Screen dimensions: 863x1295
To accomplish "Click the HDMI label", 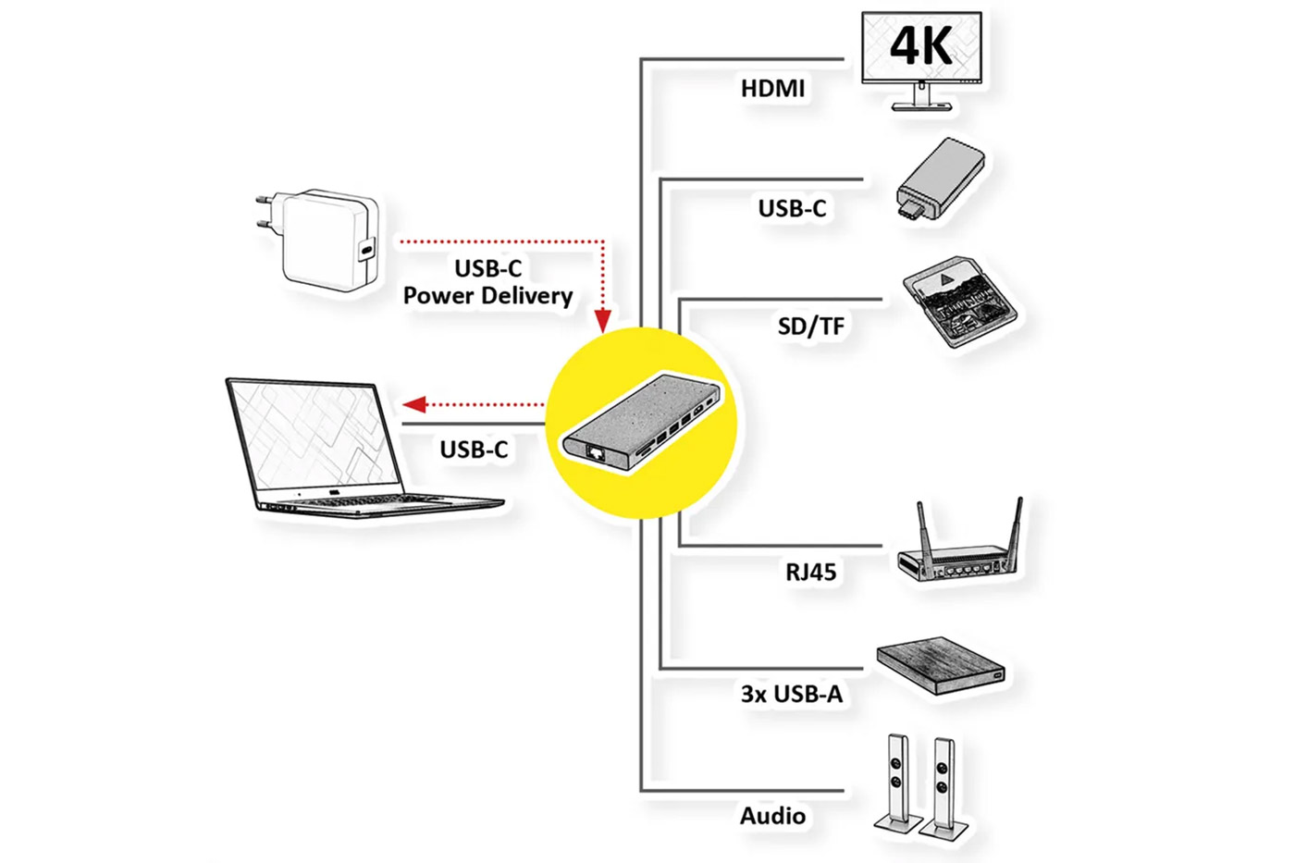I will [x=772, y=89].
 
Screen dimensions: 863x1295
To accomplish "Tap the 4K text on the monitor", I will [x=921, y=45].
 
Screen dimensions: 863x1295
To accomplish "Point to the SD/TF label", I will [x=810, y=326].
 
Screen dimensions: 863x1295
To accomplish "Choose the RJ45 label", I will [x=810, y=572].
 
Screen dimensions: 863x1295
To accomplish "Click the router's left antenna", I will [x=922, y=528].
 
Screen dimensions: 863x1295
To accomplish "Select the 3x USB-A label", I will [x=791, y=694].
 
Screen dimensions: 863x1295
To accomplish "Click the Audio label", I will [x=772, y=816].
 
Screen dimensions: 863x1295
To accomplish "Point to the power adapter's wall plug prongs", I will [x=263, y=214].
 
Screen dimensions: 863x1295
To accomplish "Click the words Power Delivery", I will [x=487, y=296].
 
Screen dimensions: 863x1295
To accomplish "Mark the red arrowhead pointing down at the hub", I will [x=603, y=321].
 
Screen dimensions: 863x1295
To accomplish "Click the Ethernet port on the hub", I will [x=595, y=452].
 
